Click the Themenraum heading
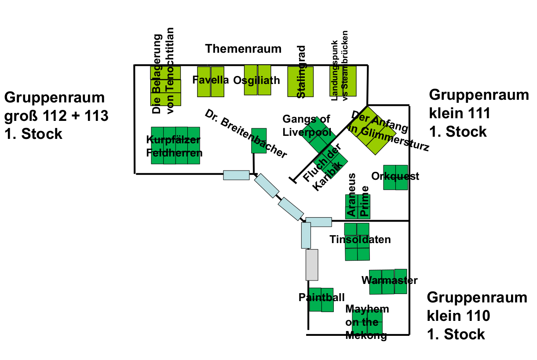[x=243, y=49]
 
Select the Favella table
[x=211, y=82]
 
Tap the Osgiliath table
[x=257, y=80]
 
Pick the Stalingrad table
[x=300, y=82]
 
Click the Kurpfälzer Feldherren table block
[x=175, y=145]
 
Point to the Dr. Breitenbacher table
[x=259, y=141]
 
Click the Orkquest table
[x=395, y=177]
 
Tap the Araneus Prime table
[x=358, y=206]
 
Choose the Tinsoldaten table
[x=357, y=242]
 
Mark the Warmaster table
[x=388, y=282]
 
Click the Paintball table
[x=321, y=300]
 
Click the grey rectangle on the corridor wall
[x=312, y=265]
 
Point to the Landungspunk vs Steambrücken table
[x=343, y=81]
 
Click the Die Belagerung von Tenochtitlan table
[x=165, y=86]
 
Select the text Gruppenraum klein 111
[x=478, y=113]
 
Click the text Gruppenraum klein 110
[x=477, y=316]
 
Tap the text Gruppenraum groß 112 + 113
[x=56, y=115]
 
